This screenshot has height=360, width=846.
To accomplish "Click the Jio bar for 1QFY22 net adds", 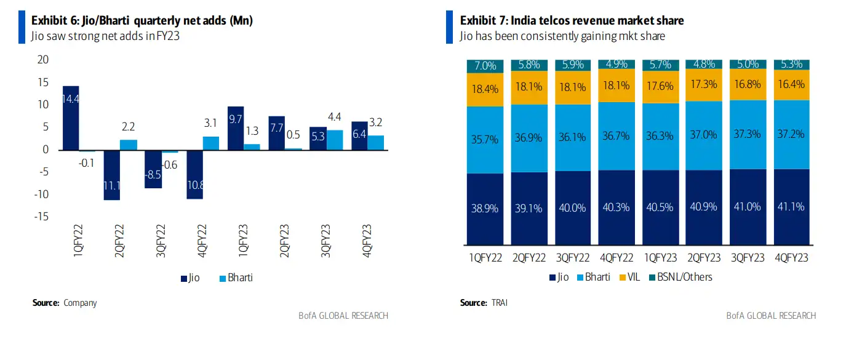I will [x=70, y=118].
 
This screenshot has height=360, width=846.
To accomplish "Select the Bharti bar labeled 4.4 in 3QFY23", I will [x=334, y=140].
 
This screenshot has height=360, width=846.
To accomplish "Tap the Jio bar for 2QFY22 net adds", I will [x=112, y=175].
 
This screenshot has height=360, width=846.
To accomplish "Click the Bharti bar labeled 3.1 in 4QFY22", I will [x=210, y=143].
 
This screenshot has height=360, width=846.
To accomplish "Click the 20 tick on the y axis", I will [x=43, y=60].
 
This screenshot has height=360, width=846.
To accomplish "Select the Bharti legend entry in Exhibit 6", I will [x=236, y=278].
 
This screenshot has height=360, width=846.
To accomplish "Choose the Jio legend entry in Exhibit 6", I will [x=191, y=278].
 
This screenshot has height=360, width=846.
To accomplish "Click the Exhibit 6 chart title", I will [x=142, y=21].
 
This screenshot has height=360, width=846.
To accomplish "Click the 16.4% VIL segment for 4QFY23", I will [x=791, y=85].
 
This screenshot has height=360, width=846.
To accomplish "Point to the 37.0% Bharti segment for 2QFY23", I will [x=704, y=135].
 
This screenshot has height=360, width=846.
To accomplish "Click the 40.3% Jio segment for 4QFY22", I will [x=617, y=207].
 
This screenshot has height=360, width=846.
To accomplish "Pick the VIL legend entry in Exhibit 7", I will [x=629, y=277].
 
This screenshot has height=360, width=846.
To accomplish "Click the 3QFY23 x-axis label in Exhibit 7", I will [x=748, y=258].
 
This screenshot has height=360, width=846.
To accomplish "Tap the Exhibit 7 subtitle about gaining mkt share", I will [x=562, y=36].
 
